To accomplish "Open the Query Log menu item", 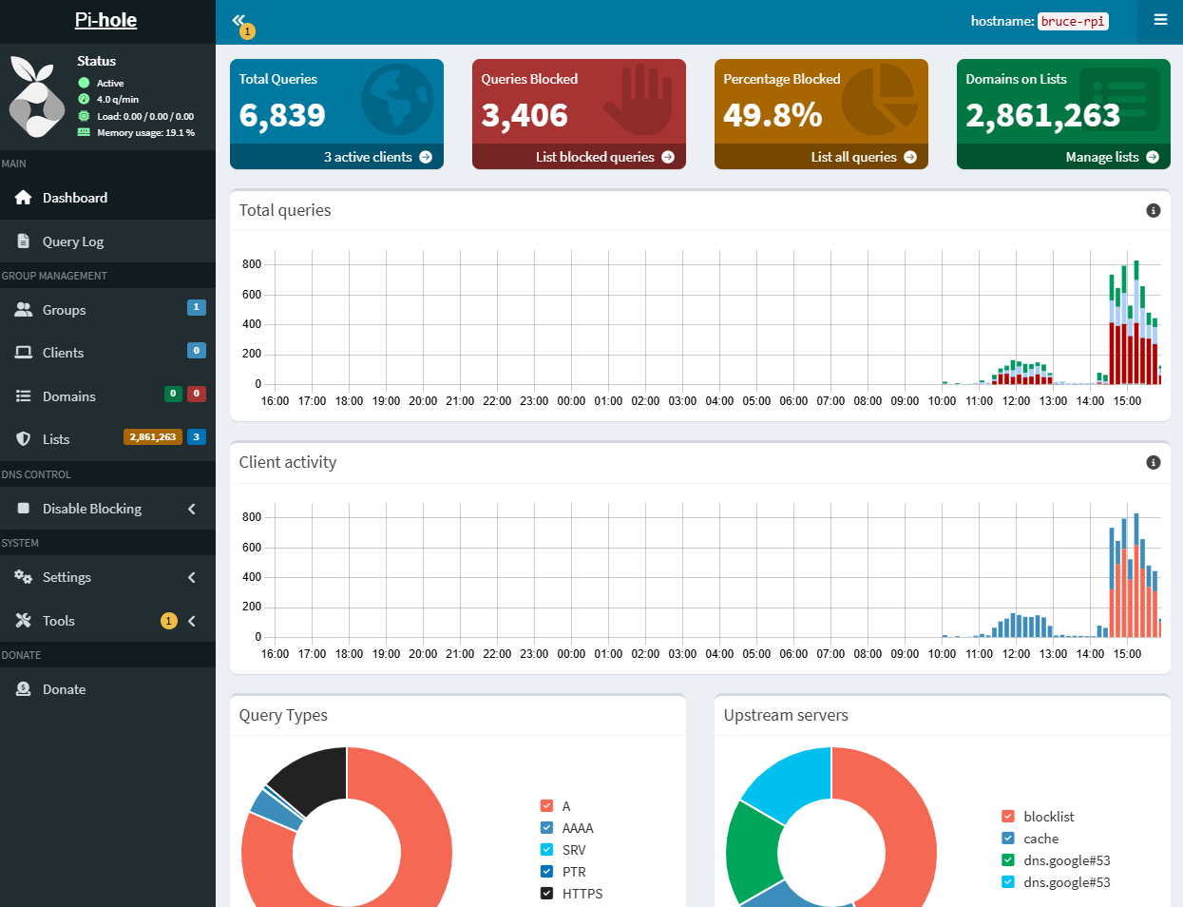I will [x=72, y=241].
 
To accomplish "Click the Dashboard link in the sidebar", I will [x=74, y=198].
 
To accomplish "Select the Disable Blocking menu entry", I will [x=91, y=509].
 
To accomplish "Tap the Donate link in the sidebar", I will [x=64, y=689].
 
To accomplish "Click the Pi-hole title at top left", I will [x=105, y=20].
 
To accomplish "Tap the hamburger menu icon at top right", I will [x=1160, y=20].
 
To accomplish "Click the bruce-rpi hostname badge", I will [x=1073, y=21].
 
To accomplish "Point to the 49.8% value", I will [x=773, y=115].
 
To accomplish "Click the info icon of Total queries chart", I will [x=1154, y=210].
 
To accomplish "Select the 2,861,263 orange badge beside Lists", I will [x=153, y=437].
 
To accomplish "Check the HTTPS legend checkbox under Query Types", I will [x=547, y=894].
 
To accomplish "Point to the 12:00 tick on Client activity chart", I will [x=1016, y=654].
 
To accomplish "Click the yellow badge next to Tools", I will [x=169, y=621].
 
